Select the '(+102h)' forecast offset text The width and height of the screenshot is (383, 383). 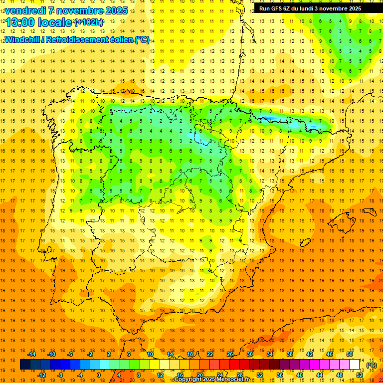point(89,22)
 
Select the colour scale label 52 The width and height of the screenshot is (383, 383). point(360,375)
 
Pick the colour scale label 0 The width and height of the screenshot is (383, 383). point(99,375)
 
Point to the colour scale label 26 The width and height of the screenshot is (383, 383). point(230,354)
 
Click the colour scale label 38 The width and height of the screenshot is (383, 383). point(289,354)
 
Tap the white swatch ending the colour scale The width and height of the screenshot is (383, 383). point(355,365)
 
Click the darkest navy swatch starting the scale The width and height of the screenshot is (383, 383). point(25,365)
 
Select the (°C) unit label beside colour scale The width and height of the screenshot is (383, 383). point(371,365)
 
